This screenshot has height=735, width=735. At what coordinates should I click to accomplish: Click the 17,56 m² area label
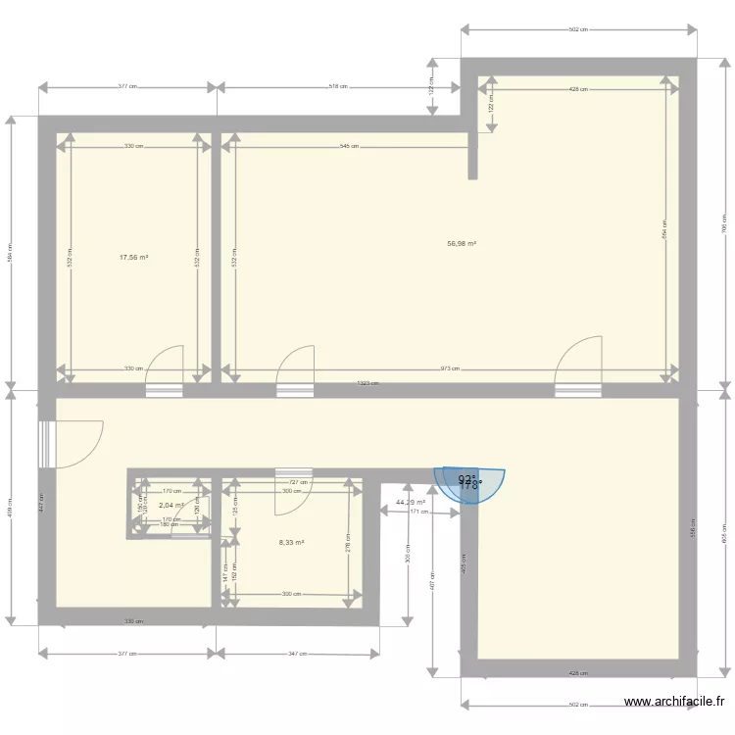133,258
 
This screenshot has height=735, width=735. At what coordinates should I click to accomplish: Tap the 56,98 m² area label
462,244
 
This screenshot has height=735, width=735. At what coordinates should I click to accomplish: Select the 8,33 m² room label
291,542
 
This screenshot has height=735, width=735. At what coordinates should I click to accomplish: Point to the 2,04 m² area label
171,506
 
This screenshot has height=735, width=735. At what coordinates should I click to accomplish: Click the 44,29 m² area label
410,503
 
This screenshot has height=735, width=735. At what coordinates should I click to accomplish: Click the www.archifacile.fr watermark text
675,702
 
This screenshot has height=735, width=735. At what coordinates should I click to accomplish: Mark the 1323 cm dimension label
367,384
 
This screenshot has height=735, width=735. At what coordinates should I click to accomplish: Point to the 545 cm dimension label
348,146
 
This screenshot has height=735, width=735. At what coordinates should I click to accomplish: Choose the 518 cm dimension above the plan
339,87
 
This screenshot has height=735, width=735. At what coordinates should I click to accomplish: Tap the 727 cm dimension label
299,482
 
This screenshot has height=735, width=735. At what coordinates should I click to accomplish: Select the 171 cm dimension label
419,512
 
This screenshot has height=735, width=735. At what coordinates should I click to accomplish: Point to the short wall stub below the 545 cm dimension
472,157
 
